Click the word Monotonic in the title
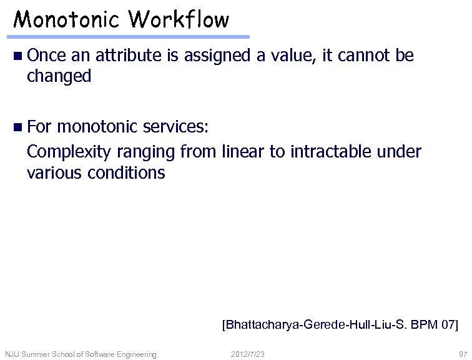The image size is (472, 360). click(68, 20)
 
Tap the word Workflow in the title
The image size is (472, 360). click(179, 20)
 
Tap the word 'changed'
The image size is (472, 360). click(59, 76)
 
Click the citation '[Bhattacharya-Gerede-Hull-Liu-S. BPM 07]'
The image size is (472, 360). click(340, 324)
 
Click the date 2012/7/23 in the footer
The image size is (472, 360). click(247, 354)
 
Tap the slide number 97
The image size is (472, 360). click(462, 354)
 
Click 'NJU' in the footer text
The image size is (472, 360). click(12, 354)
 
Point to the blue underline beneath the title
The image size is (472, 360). click(131, 37)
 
